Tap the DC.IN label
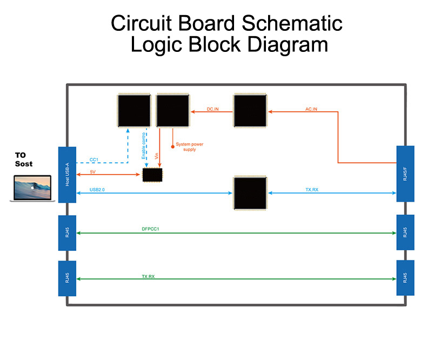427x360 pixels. click(x=213, y=109)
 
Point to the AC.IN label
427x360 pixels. click(x=311, y=109)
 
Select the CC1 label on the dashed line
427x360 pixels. click(x=94, y=160)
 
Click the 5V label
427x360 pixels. click(x=93, y=172)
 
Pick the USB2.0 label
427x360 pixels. click(x=98, y=190)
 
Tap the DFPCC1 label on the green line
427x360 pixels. click(x=150, y=229)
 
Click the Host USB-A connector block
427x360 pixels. click(x=67, y=175)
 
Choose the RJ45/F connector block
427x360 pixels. click(x=405, y=174)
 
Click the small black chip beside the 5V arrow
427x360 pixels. click(x=152, y=175)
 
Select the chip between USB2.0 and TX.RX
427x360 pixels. click(x=250, y=192)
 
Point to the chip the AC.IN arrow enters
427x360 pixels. click(x=250, y=111)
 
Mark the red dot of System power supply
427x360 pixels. click(x=172, y=146)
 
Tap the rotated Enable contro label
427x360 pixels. click(x=144, y=145)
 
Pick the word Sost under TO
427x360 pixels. click(x=24, y=163)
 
